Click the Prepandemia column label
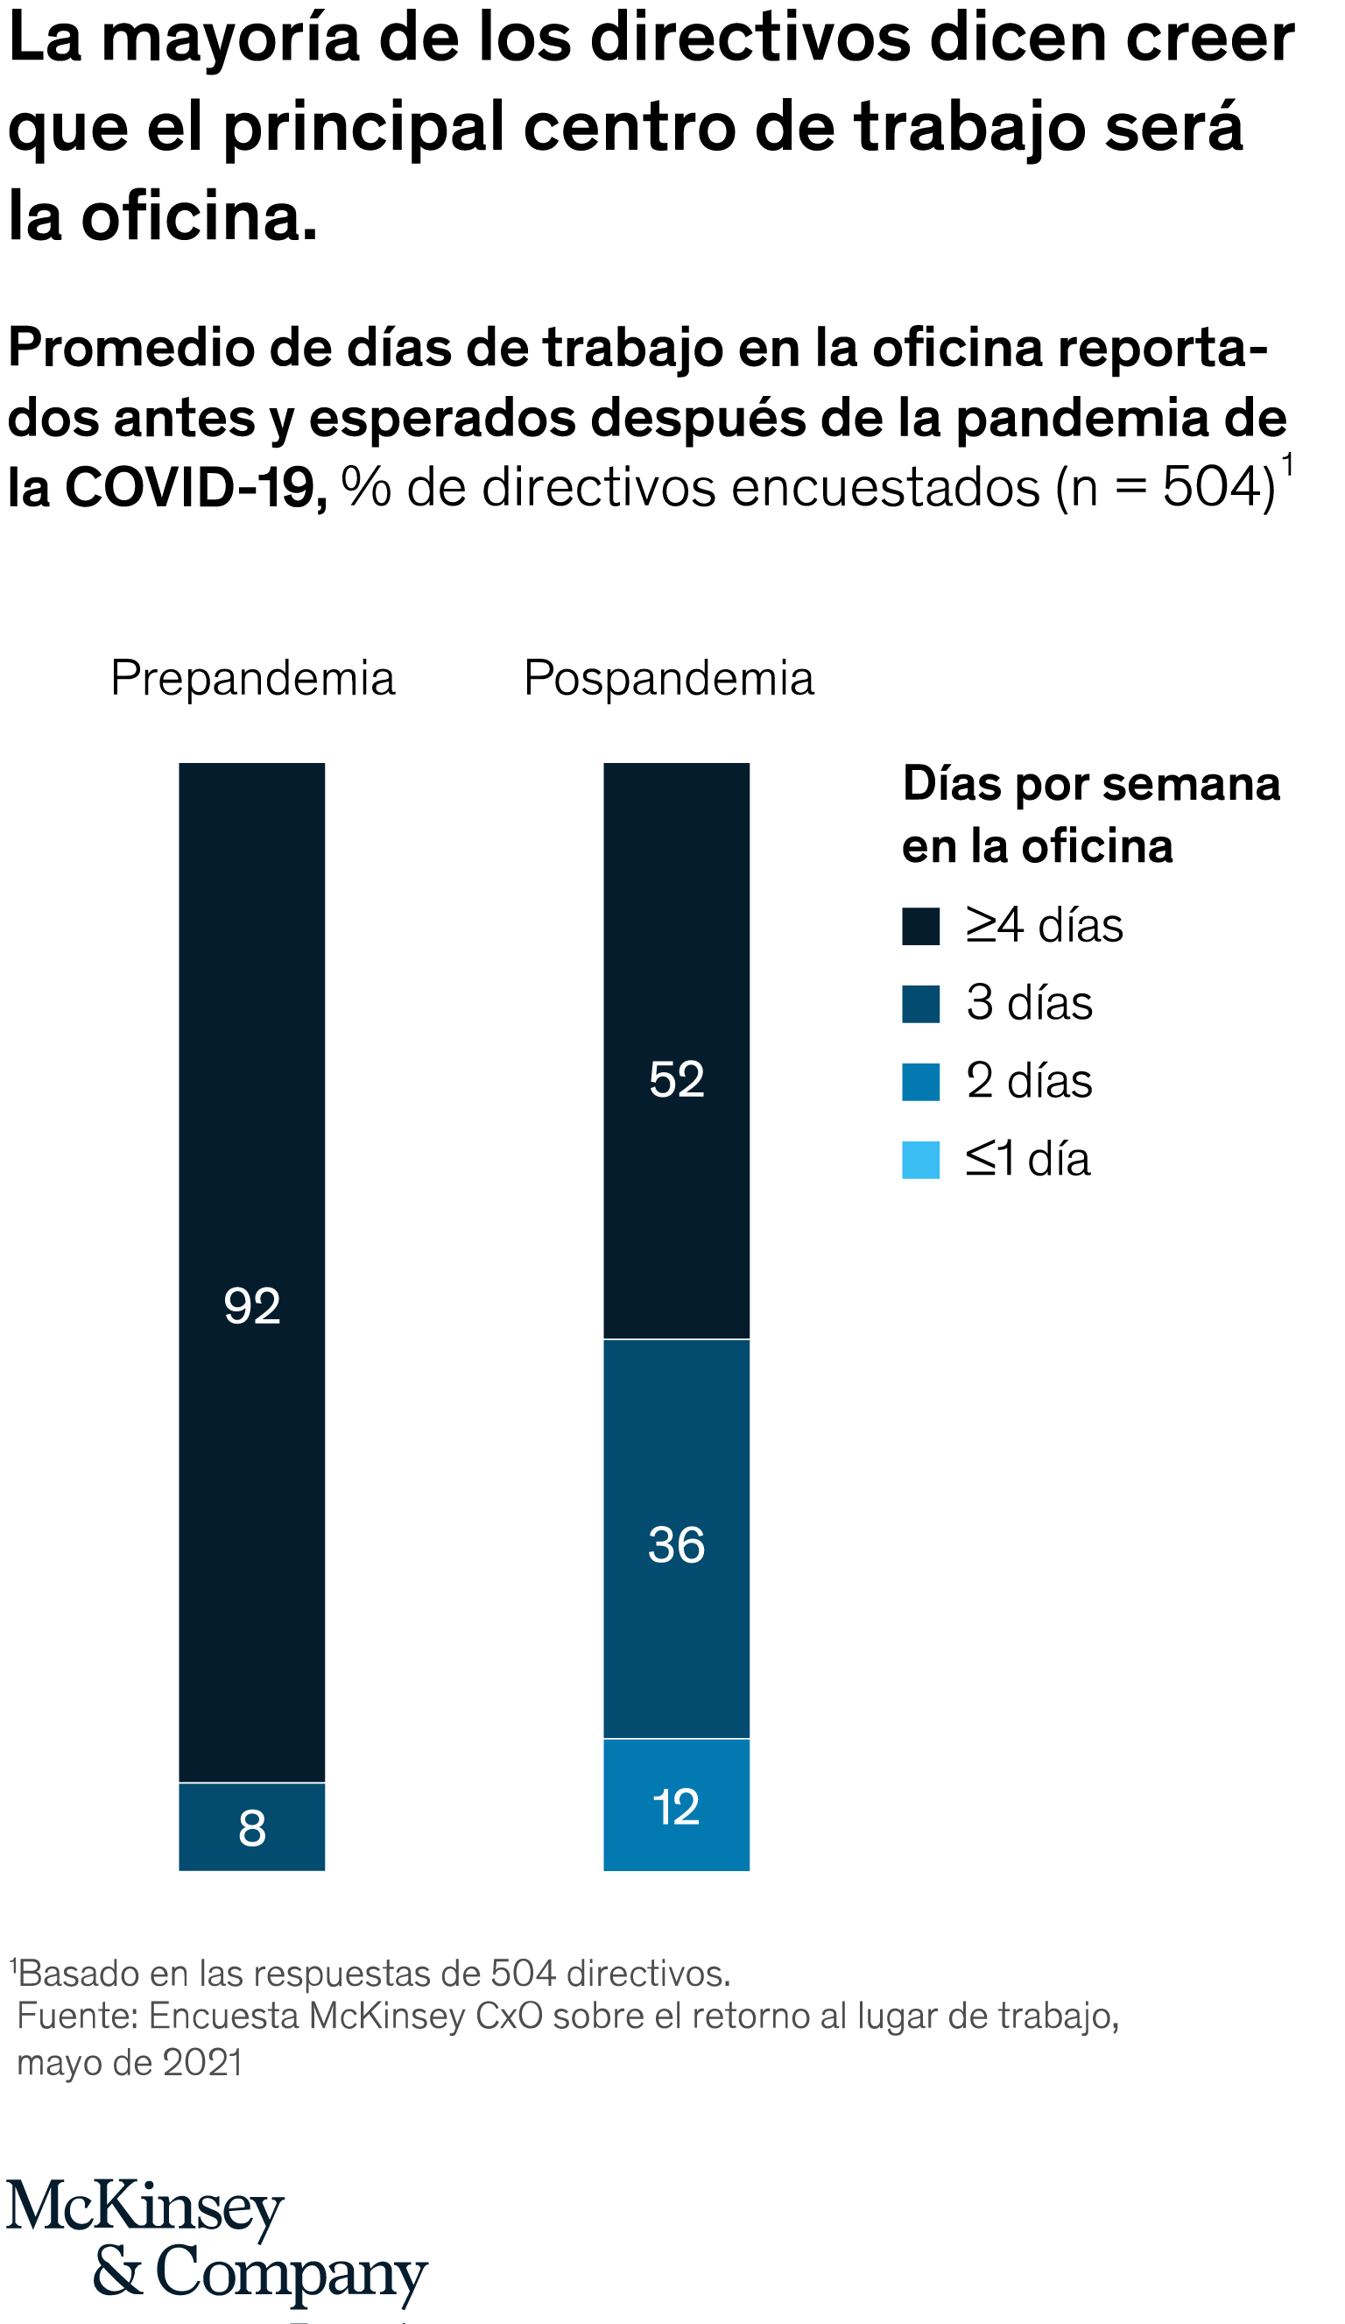click(252, 680)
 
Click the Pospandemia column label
click(668, 680)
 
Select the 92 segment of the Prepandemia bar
click(251, 1272)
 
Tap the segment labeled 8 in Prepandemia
click(251, 1827)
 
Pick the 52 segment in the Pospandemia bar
click(677, 1049)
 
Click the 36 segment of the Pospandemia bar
click(677, 1538)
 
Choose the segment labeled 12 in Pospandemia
click(677, 1805)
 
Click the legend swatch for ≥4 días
click(921, 926)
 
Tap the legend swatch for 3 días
click(921, 1004)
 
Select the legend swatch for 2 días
click(921, 1082)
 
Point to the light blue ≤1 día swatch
click(921, 1160)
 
